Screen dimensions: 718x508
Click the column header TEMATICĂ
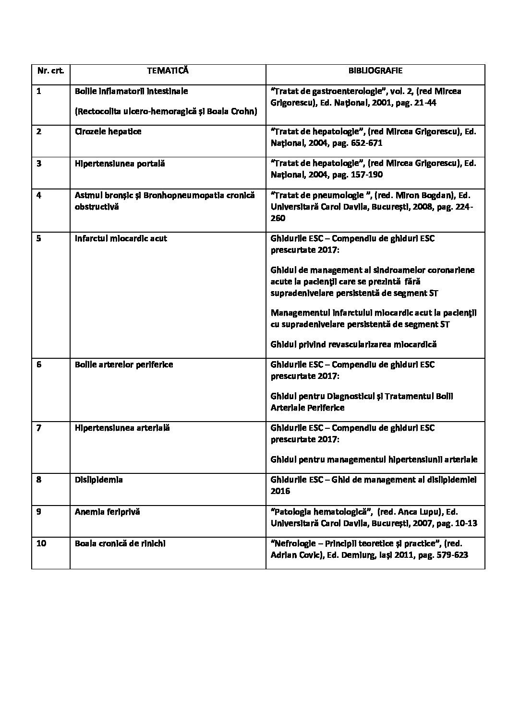point(168,71)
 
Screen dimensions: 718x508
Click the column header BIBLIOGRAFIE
point(375,71)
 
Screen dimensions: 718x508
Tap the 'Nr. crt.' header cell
point(50,71)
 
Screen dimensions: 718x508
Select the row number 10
point(41,543)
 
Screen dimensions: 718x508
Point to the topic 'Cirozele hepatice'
point(108,131)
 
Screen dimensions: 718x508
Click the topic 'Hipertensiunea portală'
point(120,164)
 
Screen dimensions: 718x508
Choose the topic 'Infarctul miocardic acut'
point(121,238)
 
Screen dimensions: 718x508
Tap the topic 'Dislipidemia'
point(98,480)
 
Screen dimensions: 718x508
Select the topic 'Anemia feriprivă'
point(107,512)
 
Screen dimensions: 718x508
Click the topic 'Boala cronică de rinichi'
point(121,543)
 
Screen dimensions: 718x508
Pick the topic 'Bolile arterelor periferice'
point(124,365)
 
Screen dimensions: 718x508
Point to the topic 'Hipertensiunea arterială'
point(122,428)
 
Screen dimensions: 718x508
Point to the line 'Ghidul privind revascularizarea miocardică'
point(353,344)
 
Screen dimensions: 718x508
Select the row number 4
point(39,195)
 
